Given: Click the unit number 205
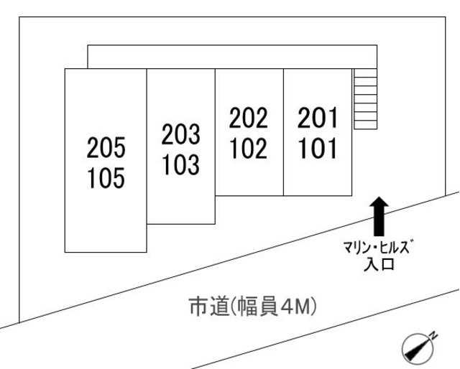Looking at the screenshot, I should (106, 149).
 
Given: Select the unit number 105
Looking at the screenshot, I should (106, 177).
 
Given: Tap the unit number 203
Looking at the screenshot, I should (180, 135).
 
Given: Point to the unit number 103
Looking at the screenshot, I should (180, 164).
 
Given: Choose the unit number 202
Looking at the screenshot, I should (248, 118).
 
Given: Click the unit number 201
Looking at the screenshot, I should (317, 118).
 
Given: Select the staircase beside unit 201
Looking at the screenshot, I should (365, 98).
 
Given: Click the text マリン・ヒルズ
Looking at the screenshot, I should (379, 249).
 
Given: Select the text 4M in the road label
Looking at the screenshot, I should (295, 307).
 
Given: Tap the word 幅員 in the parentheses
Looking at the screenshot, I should (256, 307).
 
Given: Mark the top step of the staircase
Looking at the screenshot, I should (365, 73).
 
